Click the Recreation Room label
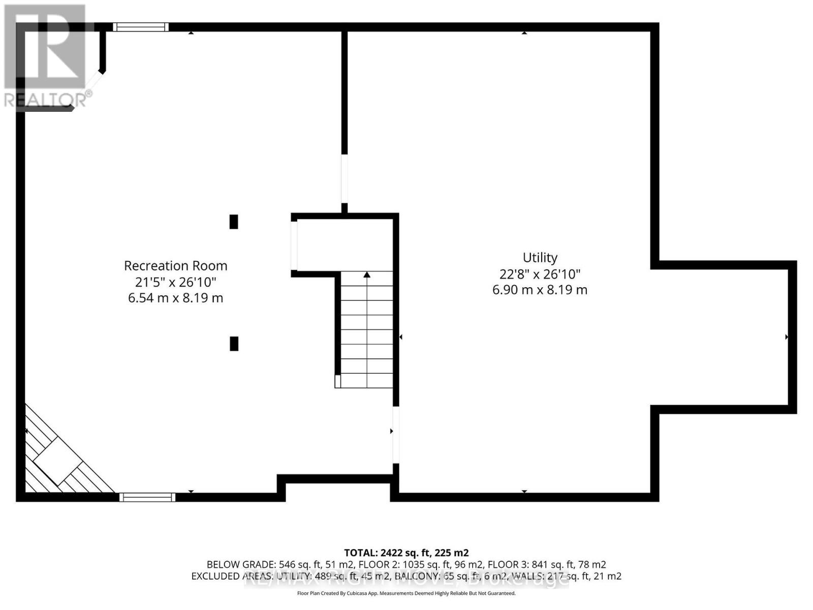point(175,265)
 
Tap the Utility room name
point(540,258)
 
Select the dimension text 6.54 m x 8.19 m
point(175,298)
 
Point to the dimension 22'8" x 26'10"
point(540,274)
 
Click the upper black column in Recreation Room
point(234,222)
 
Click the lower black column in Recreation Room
point(234,344)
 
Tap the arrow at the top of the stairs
point(367,275)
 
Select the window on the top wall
point(140,27)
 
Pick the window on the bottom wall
point(147,497)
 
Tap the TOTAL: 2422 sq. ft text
point(406,553)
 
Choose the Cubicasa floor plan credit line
point(406,593)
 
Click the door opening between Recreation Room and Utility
point(395,434)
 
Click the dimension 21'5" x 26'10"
point(175,282)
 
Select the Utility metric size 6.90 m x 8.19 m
point(540,290)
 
